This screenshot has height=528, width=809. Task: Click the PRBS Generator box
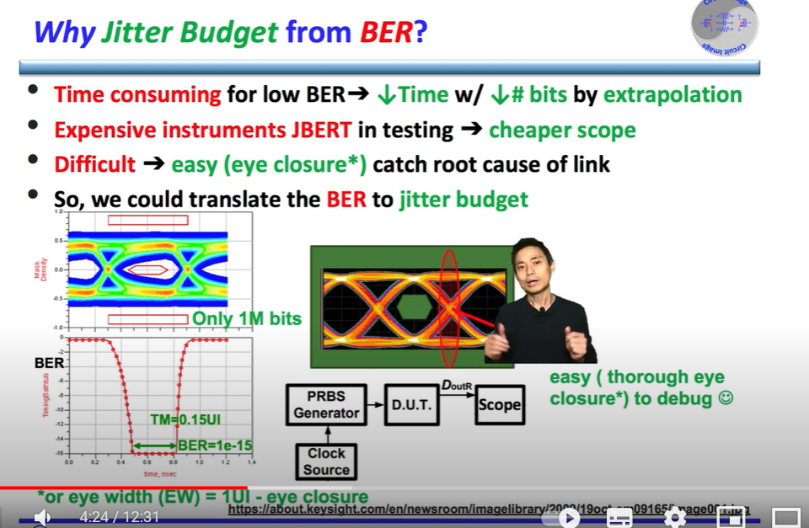326,403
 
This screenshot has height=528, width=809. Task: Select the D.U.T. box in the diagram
410,404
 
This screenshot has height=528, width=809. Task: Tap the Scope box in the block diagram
499,404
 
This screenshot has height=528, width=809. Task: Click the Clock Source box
326,461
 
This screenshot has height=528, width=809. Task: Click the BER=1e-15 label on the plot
215,445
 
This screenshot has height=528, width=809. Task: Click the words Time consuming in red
137,94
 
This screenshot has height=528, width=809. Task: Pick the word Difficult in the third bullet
94,164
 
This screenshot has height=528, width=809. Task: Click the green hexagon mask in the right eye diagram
413,307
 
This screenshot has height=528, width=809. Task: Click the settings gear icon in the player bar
674,517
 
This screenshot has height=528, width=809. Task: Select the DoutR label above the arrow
458,386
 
